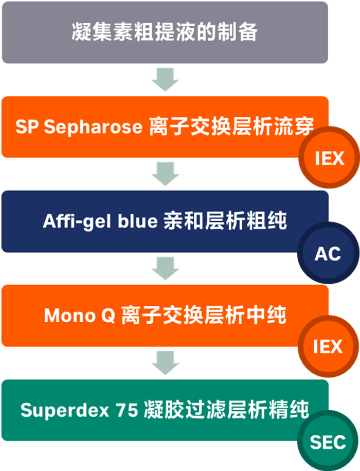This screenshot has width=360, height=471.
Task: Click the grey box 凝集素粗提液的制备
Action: (x=165, y=32)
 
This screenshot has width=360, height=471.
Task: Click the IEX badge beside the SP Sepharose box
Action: (x=329, y=158)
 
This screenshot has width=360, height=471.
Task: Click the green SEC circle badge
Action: (x=328, y=442)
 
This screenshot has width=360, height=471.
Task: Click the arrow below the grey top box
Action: (x=165, y=79)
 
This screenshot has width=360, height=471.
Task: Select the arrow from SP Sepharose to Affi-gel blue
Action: (x=165, y=174)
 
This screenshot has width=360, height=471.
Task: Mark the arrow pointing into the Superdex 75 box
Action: (x=165, y=363)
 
